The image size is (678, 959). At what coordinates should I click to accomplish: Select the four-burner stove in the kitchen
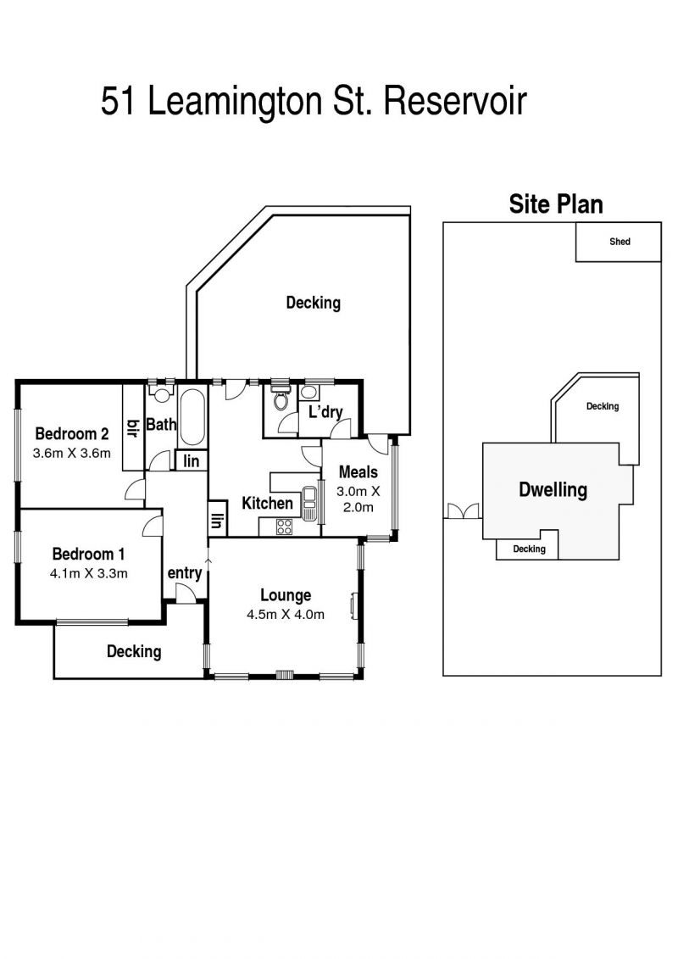284,527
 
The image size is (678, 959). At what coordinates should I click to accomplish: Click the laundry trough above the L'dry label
310,392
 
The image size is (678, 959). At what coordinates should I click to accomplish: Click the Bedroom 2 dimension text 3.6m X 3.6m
71,453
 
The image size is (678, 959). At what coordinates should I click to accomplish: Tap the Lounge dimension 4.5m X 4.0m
286,615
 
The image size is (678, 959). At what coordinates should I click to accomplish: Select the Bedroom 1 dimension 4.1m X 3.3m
89,574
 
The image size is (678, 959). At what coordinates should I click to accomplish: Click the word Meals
358,472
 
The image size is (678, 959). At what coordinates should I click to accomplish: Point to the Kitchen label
267,504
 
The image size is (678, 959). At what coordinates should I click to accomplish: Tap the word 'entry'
185,573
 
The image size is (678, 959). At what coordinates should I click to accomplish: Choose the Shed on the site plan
618,243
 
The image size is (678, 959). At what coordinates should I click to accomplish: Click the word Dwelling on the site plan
553,490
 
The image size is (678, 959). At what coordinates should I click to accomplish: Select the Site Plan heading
556,204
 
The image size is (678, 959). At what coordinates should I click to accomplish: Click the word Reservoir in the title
455,101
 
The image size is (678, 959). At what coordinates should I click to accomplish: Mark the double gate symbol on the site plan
463,511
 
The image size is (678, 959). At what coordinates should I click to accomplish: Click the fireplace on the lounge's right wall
354,605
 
